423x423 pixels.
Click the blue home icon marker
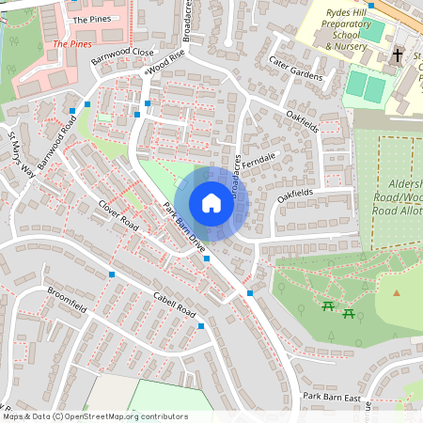click(211, 203)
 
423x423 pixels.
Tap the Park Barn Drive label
click(184, 227)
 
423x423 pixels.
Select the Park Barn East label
click(332, 398)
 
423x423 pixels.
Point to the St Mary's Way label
click(21, 156)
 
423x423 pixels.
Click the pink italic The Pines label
click(72, 43)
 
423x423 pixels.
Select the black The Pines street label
click(91, 19)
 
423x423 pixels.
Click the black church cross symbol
click(397, 55)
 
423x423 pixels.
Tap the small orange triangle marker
click(397, 292)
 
